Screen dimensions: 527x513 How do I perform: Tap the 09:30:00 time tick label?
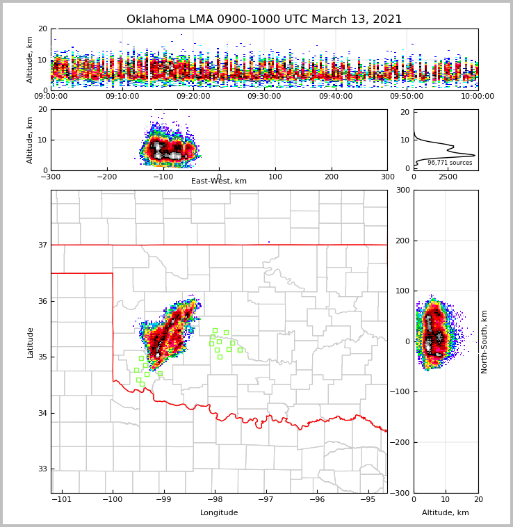264,97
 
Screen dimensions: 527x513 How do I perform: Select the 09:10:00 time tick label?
122,97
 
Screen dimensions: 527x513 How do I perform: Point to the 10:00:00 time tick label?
478,97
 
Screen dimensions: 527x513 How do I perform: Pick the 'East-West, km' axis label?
219,181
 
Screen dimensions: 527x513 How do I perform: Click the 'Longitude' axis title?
219,513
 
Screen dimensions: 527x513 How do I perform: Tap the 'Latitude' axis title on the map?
30,342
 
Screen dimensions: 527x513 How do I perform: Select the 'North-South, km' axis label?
484,342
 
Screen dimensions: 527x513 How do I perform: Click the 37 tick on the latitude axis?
42,245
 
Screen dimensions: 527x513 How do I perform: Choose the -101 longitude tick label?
63,499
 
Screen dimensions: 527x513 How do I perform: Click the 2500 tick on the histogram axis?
448,177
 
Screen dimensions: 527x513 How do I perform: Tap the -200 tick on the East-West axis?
106,177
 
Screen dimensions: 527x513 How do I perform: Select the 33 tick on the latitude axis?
42,469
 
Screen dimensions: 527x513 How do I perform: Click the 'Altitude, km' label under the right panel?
446,513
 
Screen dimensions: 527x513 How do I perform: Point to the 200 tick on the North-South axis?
402,241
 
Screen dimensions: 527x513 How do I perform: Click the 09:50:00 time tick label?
407,97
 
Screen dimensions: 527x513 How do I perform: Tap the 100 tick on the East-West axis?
275,177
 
